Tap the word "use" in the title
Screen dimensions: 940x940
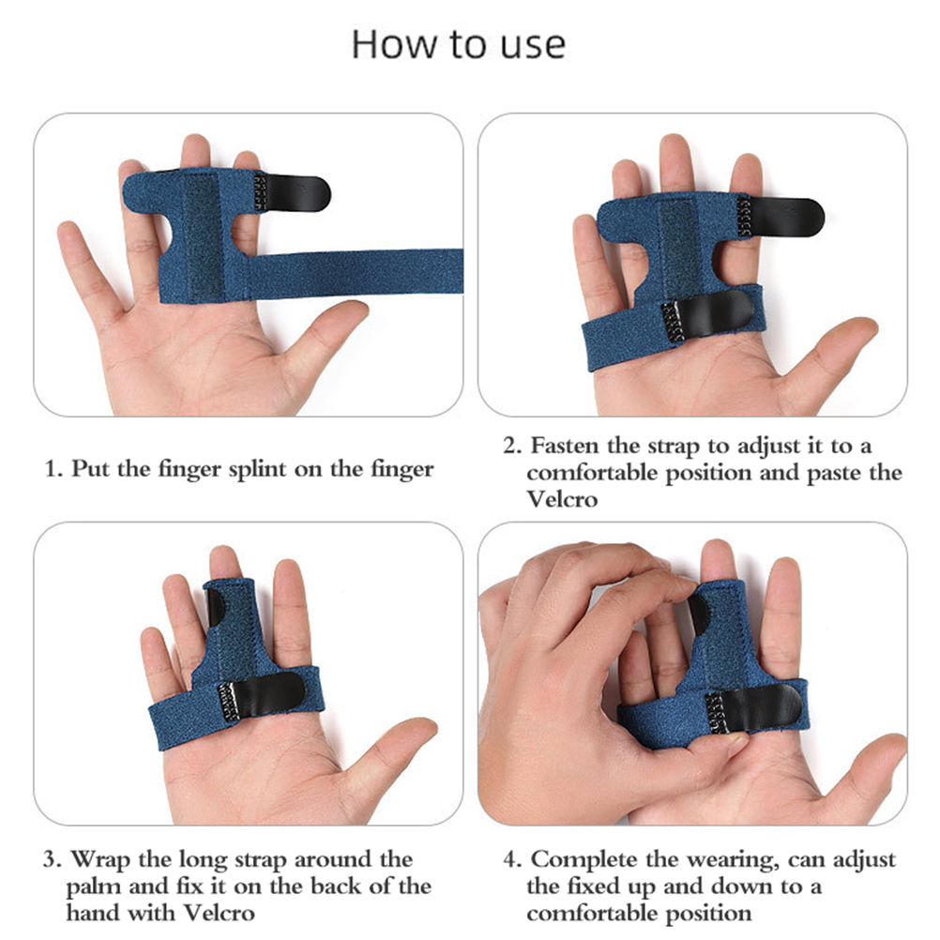[533, 47]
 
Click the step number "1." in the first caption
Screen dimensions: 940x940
[53, 468]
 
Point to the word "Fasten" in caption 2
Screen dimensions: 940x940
[564, 446]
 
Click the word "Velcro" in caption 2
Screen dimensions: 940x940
[562, 499]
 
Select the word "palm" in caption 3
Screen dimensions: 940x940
[91, 887]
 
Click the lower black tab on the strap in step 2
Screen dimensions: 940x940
[707, 319]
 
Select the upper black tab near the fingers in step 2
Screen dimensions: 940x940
[781, 216]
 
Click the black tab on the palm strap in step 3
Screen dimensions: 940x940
[262, 698]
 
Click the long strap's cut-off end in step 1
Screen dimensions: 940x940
[462, 271]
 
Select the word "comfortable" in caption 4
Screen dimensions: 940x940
[639, 914]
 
